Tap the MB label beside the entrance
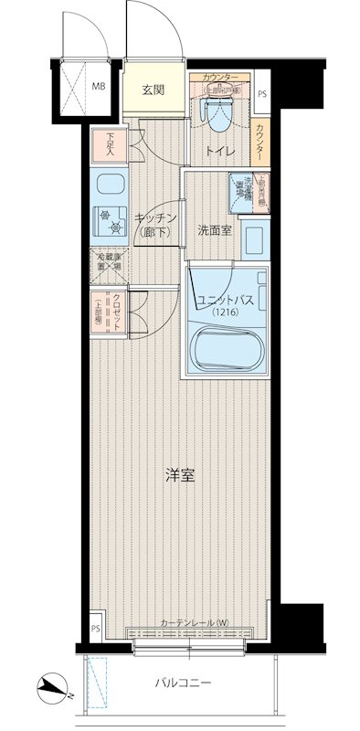[x=97, y=89]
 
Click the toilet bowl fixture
[x=217, y=115]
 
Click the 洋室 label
[x=179, y=475]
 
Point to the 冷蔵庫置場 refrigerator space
[x=110, y=260]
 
